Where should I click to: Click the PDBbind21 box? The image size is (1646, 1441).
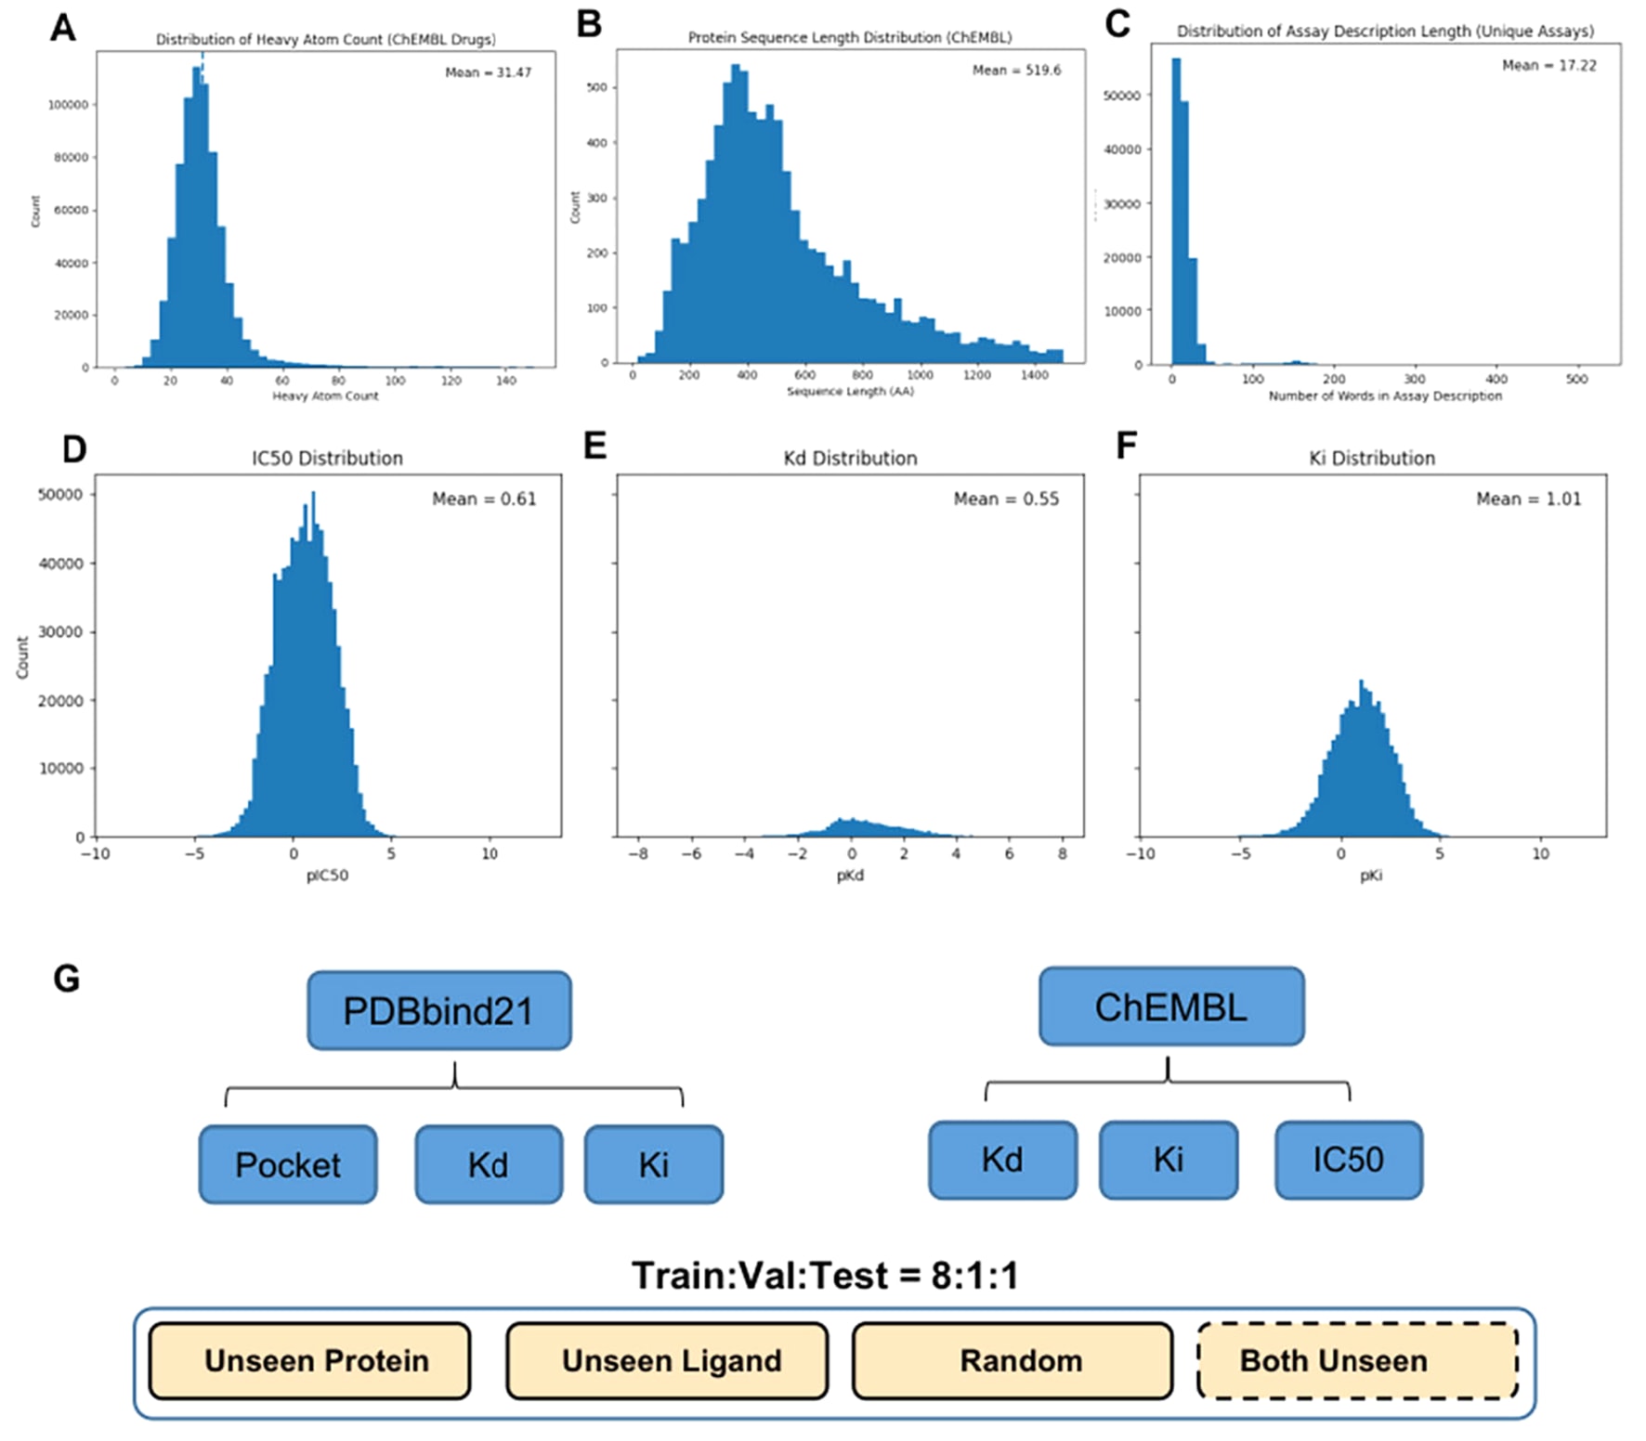click(x=438, y=1010)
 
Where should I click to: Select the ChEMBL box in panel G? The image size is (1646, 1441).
click(x=1170, y=1006)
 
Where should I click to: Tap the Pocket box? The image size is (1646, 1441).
click(x=288, y=1164)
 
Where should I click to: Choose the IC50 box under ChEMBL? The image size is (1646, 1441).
click(x=1348, y=1160)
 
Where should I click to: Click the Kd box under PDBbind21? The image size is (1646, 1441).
click(x=489, y=1164)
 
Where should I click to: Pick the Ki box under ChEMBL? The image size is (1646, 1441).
click(x=1168, y=1160)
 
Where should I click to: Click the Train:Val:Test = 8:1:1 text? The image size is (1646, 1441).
click(x=825, y=1275)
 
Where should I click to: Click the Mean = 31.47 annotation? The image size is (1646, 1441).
click(x=488, y=72)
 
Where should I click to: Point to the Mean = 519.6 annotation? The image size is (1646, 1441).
click(x=1016, y=71)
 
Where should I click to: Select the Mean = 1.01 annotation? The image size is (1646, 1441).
click(x=1528, y=500)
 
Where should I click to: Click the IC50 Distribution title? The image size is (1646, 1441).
click(x=327, y=458)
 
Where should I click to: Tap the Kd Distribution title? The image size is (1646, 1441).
click(x=850, y=458)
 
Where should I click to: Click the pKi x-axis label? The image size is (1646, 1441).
click(x=1371, y=876)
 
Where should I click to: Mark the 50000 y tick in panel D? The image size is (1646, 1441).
click(x=60, y=495)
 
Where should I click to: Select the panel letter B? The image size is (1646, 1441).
click(x=589, y=24)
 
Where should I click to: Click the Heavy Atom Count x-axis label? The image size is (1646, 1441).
click(x=325, y=396)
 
